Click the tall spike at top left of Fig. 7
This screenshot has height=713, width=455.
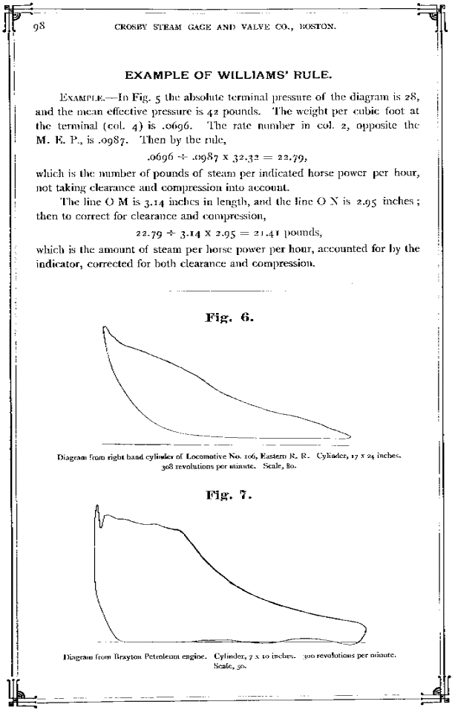pos(97,507)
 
